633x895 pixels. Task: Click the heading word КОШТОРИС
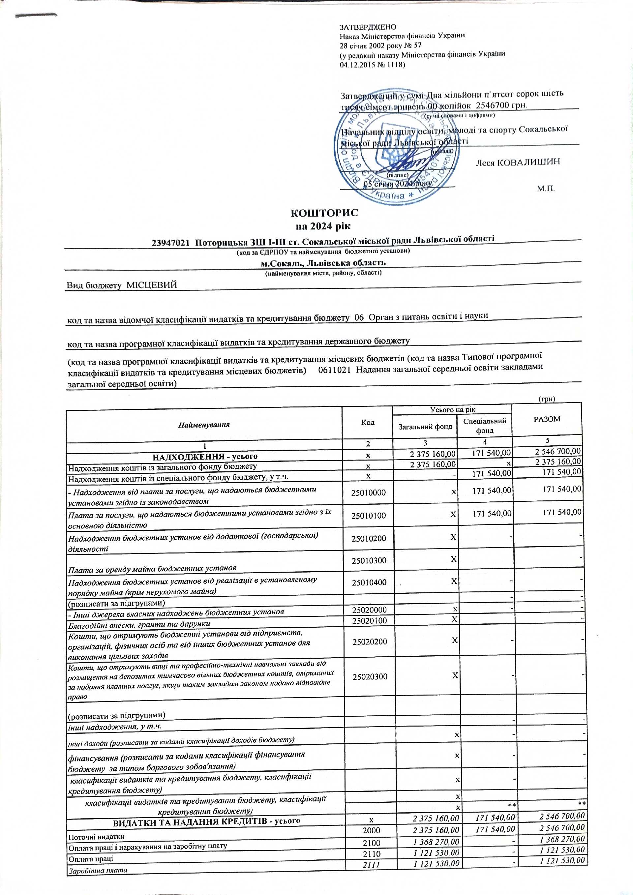click(x=324, y=213)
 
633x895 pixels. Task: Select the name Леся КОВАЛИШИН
click(x=518, y=162)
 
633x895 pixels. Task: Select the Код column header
click(x=368, y=423)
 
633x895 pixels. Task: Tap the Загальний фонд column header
click(x=425, y=427)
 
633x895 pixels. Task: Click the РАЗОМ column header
click(x=547, y=419)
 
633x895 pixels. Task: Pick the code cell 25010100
click(x=368, y=516)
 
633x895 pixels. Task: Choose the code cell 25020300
click(x=370, y=677)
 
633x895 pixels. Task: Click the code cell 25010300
click(x=368, y=561)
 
